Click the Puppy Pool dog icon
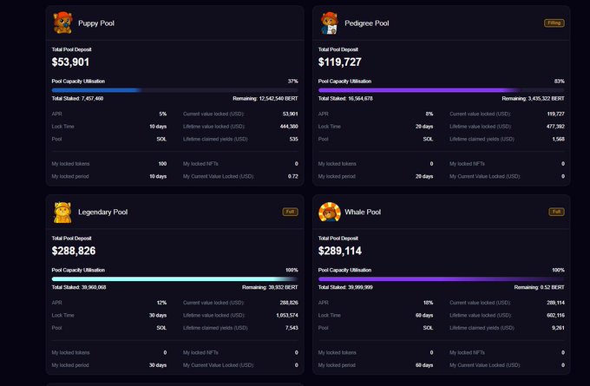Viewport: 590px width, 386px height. point(62,23)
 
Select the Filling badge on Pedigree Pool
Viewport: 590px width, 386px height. point(554,23)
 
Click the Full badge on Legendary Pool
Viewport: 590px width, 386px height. point(290,211)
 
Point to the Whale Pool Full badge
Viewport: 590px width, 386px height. point(556,211)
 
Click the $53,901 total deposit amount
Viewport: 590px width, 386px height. point(71,62)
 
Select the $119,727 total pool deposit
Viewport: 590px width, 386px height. point(340,62)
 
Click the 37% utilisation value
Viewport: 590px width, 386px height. point(292,81)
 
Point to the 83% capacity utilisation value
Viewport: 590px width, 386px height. point(559,81)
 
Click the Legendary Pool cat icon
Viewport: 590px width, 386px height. point(62,212)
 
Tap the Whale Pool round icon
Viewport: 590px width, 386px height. point(330,212)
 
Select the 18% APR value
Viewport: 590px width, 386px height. point(428,302)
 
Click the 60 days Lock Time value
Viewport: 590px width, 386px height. point(423,315)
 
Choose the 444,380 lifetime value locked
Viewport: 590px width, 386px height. point(286,127)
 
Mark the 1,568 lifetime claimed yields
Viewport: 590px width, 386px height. point(556,139)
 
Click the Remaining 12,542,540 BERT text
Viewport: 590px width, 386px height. point(265,99)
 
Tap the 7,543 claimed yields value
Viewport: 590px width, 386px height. point(290,327)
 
